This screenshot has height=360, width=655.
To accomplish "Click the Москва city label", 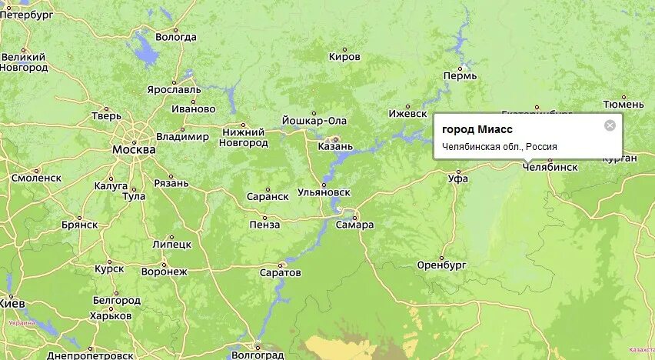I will click(x=134, y=149).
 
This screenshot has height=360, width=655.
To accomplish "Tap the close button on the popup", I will click(x=610, y=125).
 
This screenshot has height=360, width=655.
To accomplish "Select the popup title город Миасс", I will click(x=477, y=129).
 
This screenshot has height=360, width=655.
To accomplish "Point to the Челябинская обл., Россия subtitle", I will click(x=500, y=146).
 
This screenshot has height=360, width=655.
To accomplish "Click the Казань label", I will click(x=335, y=146).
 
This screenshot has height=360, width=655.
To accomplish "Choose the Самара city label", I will click(x=354, y=225).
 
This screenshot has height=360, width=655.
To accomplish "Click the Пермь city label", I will click(x=460, y=75).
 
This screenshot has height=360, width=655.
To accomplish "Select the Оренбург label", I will click(x=442, y=265).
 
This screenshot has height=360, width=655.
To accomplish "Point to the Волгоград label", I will click(x=257, y=355).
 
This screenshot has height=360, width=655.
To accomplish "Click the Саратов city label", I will click(x=281, y=272).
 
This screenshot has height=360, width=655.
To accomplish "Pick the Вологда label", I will click(x=176, y=37).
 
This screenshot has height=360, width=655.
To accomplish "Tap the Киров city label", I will click(x=344, y=56).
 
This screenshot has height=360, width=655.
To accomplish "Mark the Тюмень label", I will click(x=623, y=103).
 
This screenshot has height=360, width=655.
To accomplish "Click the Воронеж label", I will click(x=165, y=272).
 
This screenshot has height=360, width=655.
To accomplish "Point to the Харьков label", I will click(x=111, y=315).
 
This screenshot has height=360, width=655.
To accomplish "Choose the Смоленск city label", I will click(x=36, y=177).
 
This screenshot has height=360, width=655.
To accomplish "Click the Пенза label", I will click(x=264, y=225).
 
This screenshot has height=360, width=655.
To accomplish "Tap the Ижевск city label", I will click(x=407, y=113).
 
